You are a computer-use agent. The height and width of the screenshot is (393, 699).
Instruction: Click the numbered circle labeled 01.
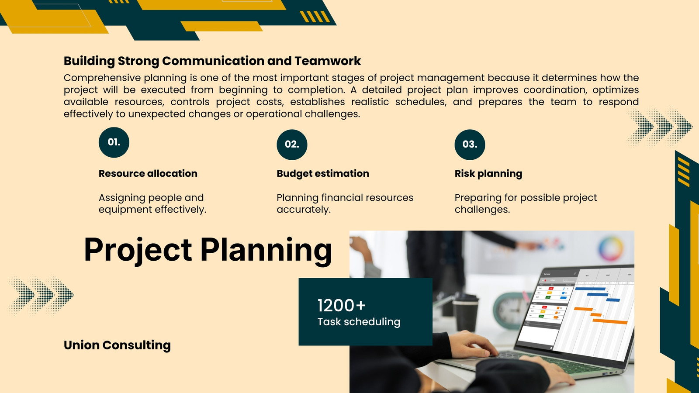[114, 142]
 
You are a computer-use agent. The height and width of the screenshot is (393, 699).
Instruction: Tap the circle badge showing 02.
[292, 145]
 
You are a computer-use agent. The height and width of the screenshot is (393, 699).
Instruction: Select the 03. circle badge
[470, 145]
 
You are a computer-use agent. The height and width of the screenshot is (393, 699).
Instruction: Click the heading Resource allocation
[148, 173]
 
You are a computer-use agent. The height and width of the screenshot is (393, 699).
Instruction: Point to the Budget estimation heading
[323, 174]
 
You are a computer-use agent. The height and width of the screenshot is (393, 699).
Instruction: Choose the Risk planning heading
[488, 174]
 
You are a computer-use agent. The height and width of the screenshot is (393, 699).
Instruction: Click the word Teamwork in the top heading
[328, 61]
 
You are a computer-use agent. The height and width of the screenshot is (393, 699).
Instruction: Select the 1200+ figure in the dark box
[341, 305]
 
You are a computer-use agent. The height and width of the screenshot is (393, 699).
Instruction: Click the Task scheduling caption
[359, 322]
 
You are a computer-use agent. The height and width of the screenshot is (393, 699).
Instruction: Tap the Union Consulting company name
[117, 345]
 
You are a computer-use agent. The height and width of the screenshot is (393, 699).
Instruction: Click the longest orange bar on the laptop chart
[610, 321]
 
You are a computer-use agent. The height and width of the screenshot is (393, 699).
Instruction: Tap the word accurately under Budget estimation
[303, 210]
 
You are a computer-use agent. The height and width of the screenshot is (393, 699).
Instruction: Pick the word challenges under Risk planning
[482, 210]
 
